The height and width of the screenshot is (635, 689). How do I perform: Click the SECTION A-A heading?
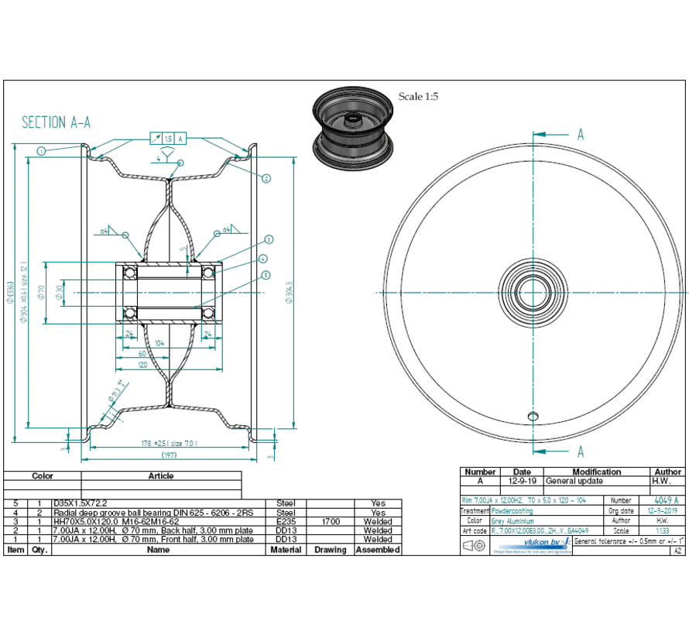click(x=56, y=122)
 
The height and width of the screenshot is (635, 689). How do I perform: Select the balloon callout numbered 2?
click(x=266, y=178)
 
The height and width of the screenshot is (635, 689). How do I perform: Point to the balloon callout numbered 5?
click(x=266, y=274)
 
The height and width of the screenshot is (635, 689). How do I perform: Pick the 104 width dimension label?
click(x=159, y=342)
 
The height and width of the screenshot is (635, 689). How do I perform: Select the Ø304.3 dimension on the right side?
click(x=288, y=292)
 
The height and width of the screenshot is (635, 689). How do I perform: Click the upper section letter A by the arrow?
click(x=580, y=134)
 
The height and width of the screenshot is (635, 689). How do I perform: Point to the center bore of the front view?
click(x=533, y=292)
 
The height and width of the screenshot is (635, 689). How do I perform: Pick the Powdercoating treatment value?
click(x=513, y=511)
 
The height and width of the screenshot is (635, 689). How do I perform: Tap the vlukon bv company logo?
click(x=547, y=544)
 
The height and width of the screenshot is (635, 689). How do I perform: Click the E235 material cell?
click(x=286, y=521)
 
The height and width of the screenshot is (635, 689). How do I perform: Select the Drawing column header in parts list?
click(x=330, y=549)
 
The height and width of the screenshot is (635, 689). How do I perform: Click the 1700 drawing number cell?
click(x=330, y=521)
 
